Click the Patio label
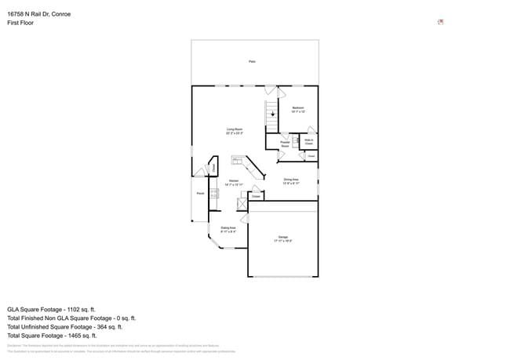click(252, 61)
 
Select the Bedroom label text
click(298, 107)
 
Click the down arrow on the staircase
click(272, 116)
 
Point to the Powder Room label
click(286, 144)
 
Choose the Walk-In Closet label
click(308, 143)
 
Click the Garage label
click(282, 238)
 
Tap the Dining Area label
click(291, 180)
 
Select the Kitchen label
click(233, 182)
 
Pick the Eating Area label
click(228, 229)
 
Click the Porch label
click(200, 192)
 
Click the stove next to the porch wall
click(213, 194)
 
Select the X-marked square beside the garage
click(242, 203)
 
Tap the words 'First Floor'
click(20, 23)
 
